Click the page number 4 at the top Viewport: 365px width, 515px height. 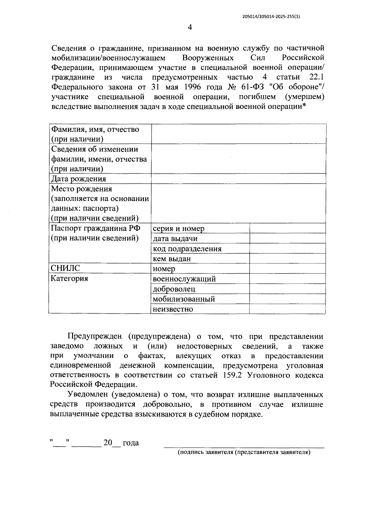point(190,28)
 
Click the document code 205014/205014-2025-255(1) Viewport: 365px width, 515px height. point(271,17)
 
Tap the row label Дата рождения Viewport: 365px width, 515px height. point(78,179)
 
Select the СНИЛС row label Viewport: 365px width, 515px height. point(65,268)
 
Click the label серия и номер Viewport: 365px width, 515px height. point(179,228)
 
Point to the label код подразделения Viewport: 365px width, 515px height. point(187,249)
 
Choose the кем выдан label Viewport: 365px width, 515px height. point(172,259)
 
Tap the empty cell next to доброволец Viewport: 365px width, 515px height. point(287,289)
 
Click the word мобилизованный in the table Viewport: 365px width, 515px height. point(184,299)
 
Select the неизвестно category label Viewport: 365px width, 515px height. point(173,309)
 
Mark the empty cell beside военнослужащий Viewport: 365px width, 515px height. point(287,279)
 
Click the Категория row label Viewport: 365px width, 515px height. point(69,278)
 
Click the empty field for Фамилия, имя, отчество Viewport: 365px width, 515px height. point(238,134)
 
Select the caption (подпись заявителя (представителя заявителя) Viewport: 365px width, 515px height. point(244,452)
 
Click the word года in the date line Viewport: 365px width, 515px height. point(131,443)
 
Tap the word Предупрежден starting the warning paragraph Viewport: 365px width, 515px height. point(95,336)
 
